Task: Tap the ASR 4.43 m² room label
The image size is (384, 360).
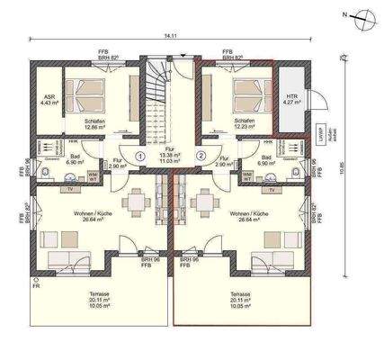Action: coord(49,100)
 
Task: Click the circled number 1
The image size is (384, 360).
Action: coord(140,155)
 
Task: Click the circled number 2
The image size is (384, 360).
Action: coord(201,155)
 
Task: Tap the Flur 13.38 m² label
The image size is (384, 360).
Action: coord(170,153)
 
